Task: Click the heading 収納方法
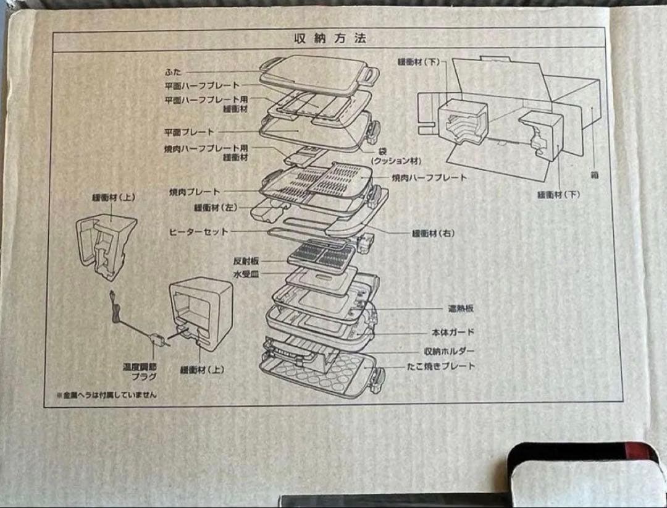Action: tap(330, 38)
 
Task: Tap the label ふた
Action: tap(172, 72)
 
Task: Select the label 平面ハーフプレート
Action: tap(202, 85)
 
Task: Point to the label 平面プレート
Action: tap(189, 132)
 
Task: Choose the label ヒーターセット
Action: tap(198, 232)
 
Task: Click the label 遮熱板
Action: tap(461, 308)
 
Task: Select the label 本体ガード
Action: tap(453, 332)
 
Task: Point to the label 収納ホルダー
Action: tap(449, 351)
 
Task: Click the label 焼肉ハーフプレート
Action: tap(429, 178)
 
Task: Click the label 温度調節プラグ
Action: tap(140, 371)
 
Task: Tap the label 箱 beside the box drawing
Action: tap(594, 175)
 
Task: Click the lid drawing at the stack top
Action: tap(315, 72)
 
